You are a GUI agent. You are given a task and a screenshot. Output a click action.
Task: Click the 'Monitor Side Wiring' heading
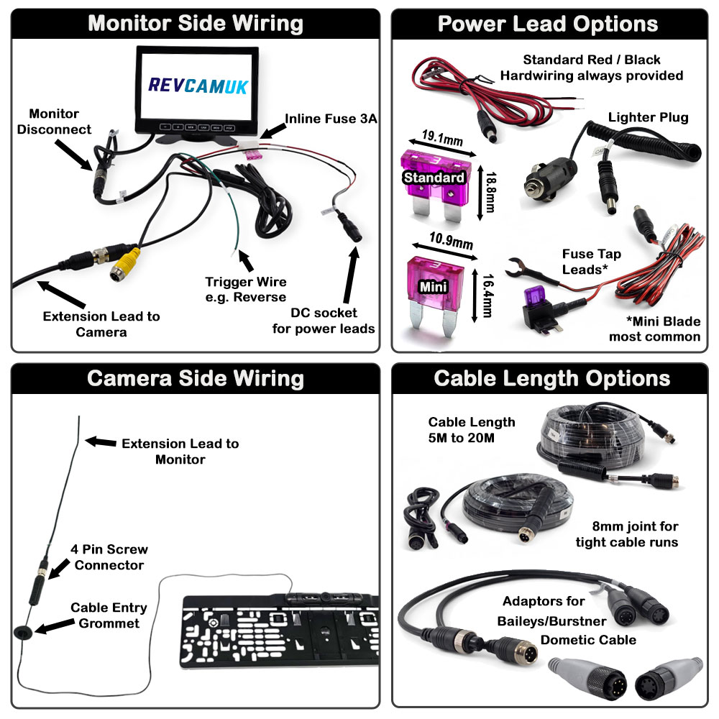(195, 24)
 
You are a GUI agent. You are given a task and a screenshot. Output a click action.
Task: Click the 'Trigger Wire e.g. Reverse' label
(245, 290)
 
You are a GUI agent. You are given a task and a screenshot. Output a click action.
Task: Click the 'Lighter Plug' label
(648, 117)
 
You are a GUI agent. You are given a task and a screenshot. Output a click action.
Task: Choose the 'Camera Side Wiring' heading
(195, 379)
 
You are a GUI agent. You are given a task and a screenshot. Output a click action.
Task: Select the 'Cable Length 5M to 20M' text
(472, 429)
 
